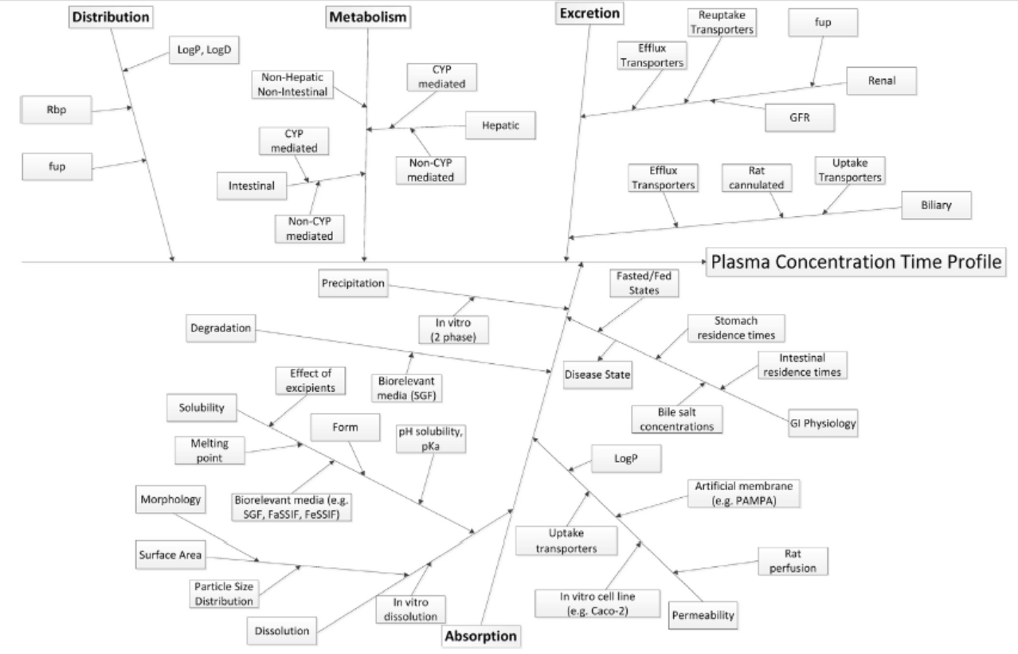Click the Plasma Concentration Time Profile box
856,262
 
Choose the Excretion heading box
589,13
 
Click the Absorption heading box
482,636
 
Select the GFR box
799,118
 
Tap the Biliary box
938,205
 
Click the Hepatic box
499,124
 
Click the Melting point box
208,452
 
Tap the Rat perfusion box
793,561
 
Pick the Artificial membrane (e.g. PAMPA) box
742,494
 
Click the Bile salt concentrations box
678,419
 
